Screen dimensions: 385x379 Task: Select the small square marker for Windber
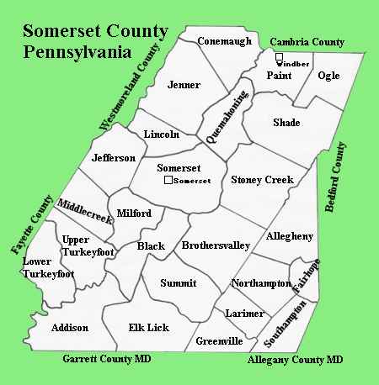point(279,57)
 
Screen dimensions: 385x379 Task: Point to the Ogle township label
point(328,76)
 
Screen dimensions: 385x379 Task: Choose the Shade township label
point(286,123)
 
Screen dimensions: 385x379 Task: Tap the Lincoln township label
point(162,134)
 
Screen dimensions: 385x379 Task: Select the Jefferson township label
point(114,158)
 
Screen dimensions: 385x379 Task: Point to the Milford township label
point(133,214)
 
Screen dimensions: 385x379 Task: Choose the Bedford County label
point(337,177)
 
